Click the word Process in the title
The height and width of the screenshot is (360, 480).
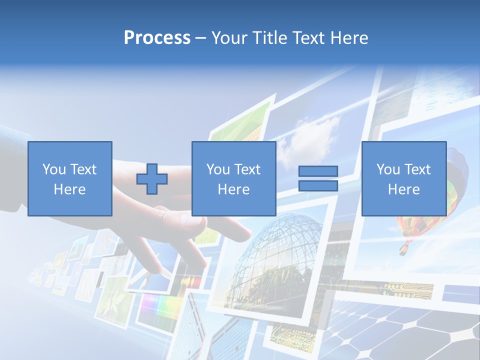click(157, 38)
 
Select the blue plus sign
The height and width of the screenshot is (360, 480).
click(152, 179)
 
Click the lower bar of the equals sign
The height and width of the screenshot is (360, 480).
click(318, 186)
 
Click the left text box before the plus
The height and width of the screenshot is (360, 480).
click(70, 179)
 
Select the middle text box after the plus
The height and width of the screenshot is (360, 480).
click(234, 179)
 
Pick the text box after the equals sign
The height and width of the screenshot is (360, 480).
click(404, 179)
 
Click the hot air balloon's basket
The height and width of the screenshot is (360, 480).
click(403, 248)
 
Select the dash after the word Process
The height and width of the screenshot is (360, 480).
click(201, 38)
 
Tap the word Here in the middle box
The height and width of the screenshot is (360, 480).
click(234, 189)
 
